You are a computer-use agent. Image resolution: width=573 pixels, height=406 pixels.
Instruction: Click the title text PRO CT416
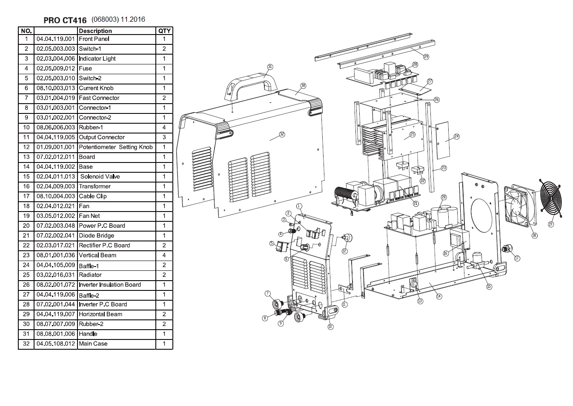pos(65,20)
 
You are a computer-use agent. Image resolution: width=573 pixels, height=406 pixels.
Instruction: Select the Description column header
pos(95,31)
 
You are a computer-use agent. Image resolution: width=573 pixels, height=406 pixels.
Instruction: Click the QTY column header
pos(164,31)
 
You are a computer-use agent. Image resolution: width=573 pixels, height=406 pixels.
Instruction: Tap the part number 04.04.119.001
pos(55,39)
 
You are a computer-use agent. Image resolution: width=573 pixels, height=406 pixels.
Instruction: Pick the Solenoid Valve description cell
pos(100,177)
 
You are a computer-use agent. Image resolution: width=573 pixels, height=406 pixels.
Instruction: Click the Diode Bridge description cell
pos(96,235)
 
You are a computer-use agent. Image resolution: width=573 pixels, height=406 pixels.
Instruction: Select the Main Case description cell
pos(93,344)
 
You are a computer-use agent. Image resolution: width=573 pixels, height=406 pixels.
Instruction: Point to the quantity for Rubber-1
pos(164,128)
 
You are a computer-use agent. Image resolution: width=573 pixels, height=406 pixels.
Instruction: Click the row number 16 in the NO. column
pos(26,186)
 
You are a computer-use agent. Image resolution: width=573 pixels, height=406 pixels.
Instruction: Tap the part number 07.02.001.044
pos(55,304)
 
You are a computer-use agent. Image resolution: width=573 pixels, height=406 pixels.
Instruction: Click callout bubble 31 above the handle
pos(270,67)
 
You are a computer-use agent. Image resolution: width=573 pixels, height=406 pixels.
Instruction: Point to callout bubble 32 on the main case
pos(282,134)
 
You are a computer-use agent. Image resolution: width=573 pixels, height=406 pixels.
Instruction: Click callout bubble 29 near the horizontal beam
pos(426,57)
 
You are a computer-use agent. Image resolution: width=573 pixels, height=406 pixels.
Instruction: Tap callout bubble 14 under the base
pos(439,296)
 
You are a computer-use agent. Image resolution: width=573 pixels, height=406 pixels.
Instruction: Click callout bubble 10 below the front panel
pos(330,327)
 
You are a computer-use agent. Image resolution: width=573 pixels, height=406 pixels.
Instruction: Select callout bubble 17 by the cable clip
pos(517,258)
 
